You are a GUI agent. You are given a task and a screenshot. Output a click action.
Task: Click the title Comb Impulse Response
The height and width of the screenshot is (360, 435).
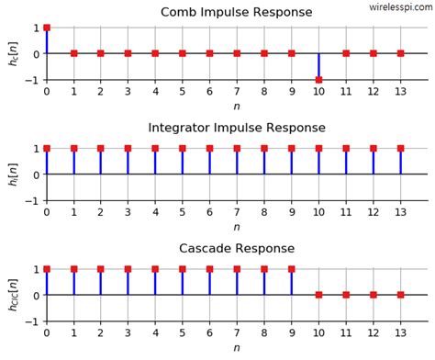236,13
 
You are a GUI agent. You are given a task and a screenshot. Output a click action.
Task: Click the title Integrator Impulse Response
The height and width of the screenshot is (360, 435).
236,128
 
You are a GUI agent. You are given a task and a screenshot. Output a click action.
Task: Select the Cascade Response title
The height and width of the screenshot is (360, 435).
236,249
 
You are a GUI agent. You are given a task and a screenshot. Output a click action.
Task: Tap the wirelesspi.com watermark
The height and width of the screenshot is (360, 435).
400,6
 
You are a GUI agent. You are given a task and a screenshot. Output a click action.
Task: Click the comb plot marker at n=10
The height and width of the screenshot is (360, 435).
318,80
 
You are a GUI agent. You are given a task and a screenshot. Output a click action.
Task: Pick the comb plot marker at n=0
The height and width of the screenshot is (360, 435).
47,28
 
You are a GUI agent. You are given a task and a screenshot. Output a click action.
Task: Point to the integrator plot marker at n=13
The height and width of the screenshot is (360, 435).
401,148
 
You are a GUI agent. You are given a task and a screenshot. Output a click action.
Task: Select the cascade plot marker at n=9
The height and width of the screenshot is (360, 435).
292,269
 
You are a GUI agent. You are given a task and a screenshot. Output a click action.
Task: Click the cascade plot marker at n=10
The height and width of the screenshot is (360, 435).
318,295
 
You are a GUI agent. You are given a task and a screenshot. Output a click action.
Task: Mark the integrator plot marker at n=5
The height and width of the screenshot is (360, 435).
183,148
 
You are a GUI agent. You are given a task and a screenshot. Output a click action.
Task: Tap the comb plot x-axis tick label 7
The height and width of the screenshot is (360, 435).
237,92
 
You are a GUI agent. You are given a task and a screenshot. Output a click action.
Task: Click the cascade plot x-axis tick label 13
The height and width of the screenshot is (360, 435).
401,334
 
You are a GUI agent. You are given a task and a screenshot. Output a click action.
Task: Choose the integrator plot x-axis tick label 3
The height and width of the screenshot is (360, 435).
128,213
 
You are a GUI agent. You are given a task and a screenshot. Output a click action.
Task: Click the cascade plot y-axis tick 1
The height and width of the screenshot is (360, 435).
35,269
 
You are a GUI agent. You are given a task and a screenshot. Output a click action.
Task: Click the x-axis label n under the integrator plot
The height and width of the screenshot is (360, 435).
236,227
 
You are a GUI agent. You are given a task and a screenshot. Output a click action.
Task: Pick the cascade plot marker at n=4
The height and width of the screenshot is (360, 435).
155,269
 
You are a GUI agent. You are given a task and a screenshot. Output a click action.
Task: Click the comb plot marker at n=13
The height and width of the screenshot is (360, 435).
401,53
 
